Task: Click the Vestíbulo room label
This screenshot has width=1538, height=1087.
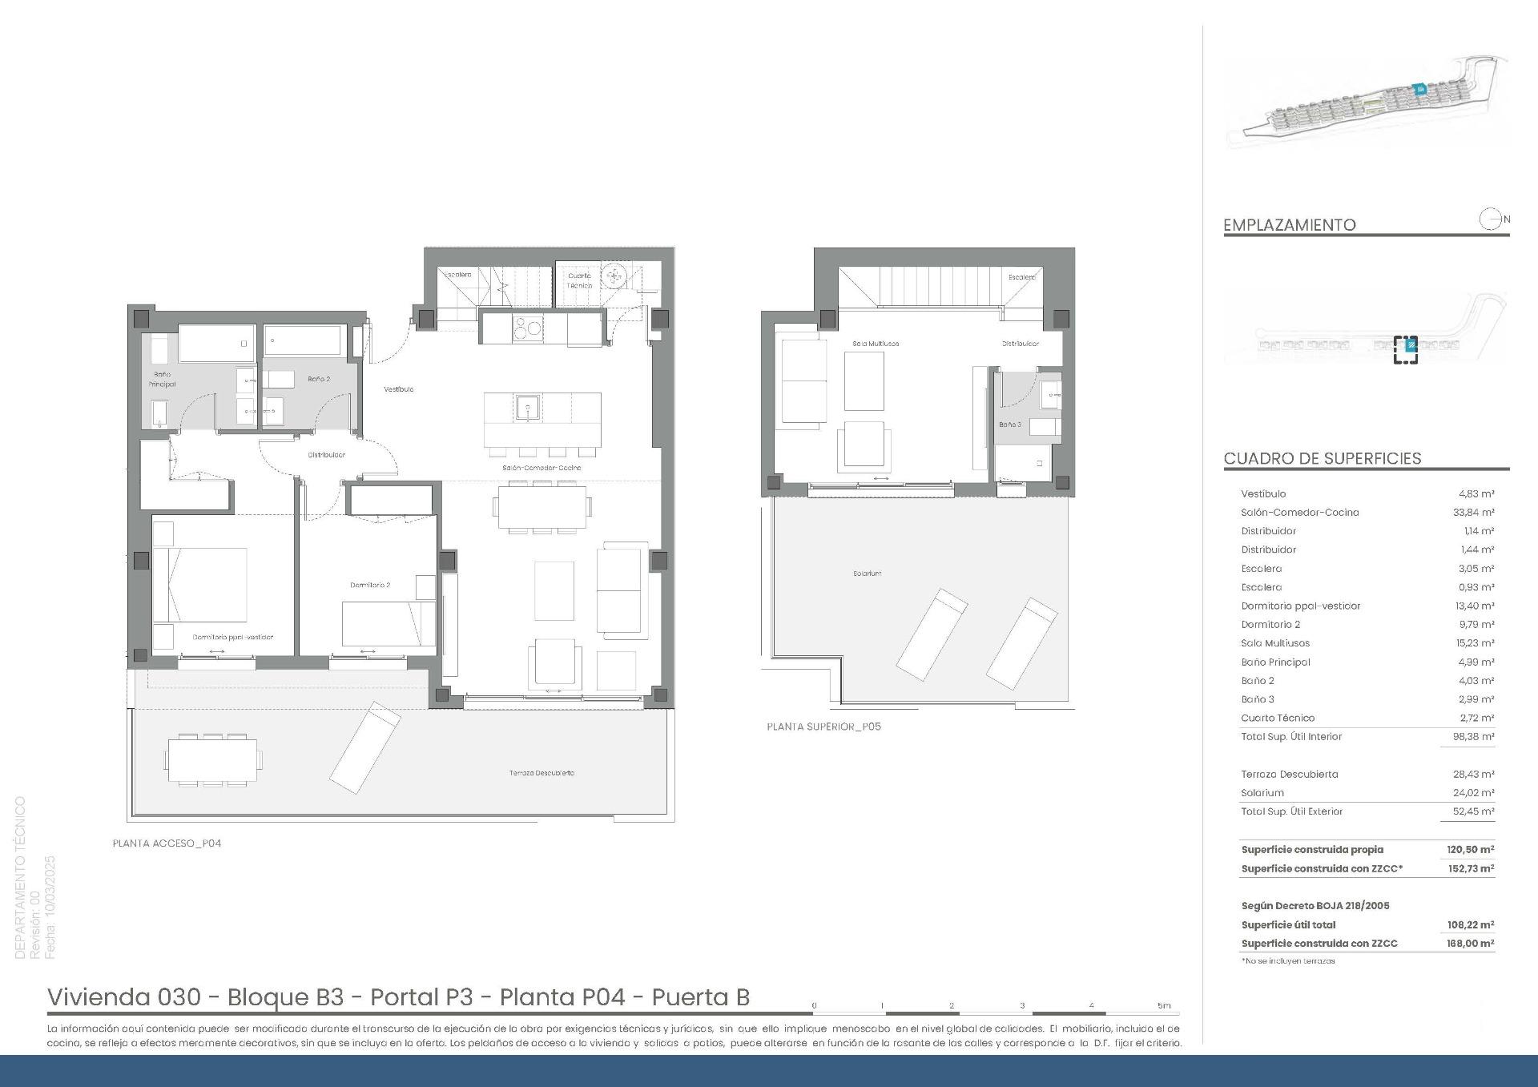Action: (x=398, y=389)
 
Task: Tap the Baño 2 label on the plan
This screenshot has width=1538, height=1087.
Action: (x=318, y=379)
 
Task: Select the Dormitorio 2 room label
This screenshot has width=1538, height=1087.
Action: (x=370, y=585)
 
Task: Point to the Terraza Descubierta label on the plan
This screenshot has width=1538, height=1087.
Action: (x=542, y=773)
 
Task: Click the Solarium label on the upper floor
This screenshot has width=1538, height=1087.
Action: (x=867, y=574)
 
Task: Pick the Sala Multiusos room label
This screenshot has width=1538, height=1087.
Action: (x=876, y=344)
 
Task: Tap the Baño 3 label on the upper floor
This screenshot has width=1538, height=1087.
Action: (x=1009, y=425)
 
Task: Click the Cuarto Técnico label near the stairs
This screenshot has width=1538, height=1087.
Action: (x=579, y=280)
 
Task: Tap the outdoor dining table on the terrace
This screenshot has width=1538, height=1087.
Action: (x=213, y=759)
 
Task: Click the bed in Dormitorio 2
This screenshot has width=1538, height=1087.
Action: (x=388, y=623)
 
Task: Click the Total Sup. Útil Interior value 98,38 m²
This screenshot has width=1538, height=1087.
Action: (x=1472, y=737)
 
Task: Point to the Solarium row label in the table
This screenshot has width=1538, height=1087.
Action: (x=1262, y=793)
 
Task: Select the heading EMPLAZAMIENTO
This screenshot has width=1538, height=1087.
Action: (x=1289, y=225)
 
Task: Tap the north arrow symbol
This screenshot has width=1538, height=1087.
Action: (x=1492, y=219)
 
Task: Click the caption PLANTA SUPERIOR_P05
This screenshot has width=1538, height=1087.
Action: (x=823, y=727)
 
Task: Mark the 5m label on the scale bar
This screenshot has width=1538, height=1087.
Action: (x=1163, y=1005)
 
